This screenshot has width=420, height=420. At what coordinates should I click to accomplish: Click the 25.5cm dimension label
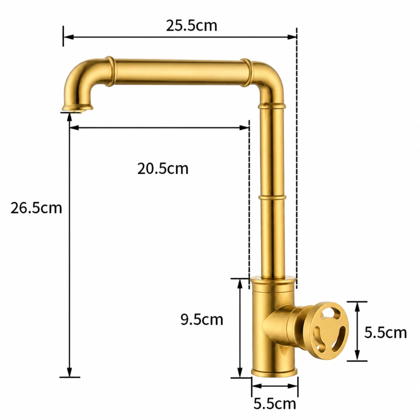click(191, 26)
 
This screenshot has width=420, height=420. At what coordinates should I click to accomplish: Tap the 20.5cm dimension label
click(163, 169)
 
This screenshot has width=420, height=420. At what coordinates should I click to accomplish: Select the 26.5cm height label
click(36, 208)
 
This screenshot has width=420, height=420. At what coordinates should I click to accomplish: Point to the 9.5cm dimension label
click(202, 319)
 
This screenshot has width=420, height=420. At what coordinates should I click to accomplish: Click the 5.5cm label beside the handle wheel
click(385, 332)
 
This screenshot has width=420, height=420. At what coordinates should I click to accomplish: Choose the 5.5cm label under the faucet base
click(275, 404)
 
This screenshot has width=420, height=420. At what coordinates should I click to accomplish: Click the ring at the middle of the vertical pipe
click(272, 198)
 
